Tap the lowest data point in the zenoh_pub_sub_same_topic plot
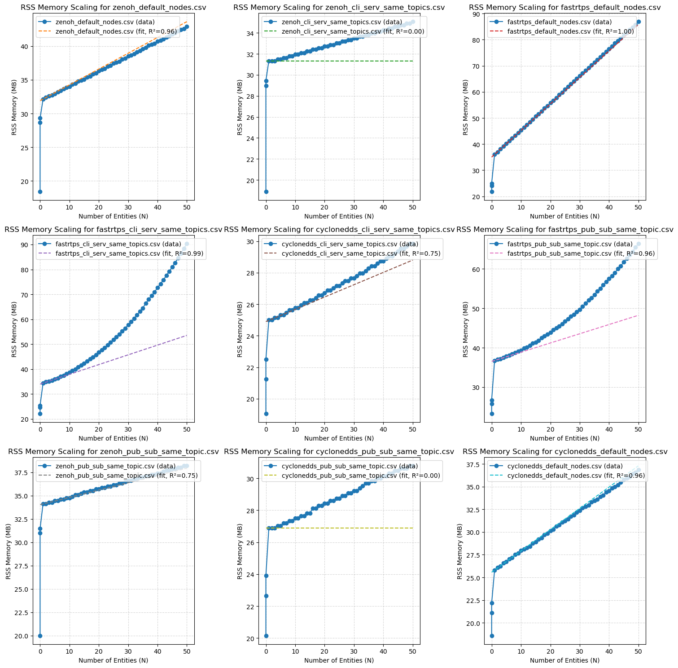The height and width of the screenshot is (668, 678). (40, 636)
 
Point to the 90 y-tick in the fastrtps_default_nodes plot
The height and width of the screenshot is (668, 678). (478, 14)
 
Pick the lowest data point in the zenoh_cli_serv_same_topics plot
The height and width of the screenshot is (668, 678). (266, 192)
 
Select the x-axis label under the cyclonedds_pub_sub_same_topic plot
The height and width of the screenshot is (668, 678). (339, 660)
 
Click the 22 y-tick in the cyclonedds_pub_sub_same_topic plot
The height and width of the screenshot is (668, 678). (252, 607)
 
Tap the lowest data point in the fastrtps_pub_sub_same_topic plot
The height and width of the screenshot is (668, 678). (492, 414)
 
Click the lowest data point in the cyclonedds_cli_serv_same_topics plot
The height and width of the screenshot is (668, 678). (266, 414)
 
